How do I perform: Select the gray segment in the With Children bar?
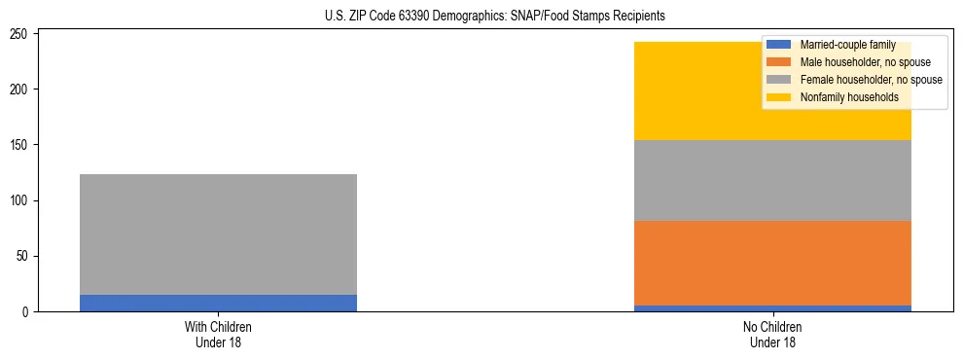click(x=218, y=234)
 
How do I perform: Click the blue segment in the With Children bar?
click(x=218, y=303)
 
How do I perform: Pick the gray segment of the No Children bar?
click(x=772, y=180)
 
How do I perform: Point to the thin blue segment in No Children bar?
click(x=772, y=308)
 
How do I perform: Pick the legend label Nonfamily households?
click(x=842, y=97)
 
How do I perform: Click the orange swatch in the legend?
click(x=780, y=62)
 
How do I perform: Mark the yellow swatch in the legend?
click(x=780, y=97)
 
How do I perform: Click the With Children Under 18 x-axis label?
click(x=218, y=334)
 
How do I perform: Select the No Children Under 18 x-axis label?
click(x=772, y=334)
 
